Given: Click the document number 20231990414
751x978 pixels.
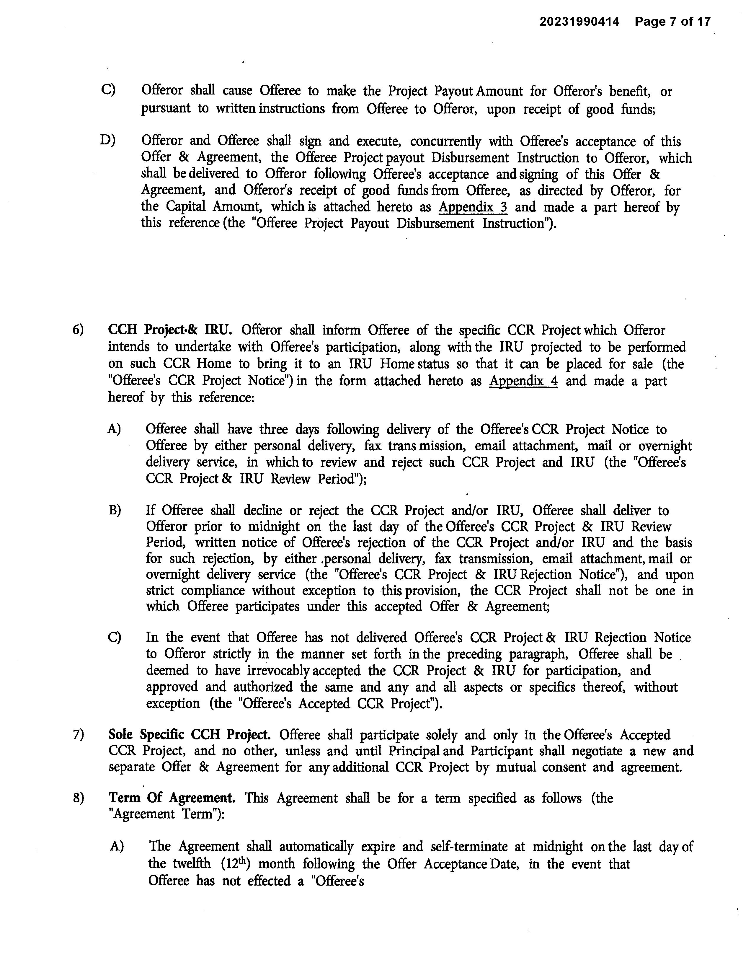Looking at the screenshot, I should point(579,21).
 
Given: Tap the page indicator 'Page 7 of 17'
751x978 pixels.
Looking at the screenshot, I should point(672,21).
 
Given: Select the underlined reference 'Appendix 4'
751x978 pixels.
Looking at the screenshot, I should point(523,381).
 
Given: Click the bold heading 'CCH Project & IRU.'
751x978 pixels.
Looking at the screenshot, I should point(170,330).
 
